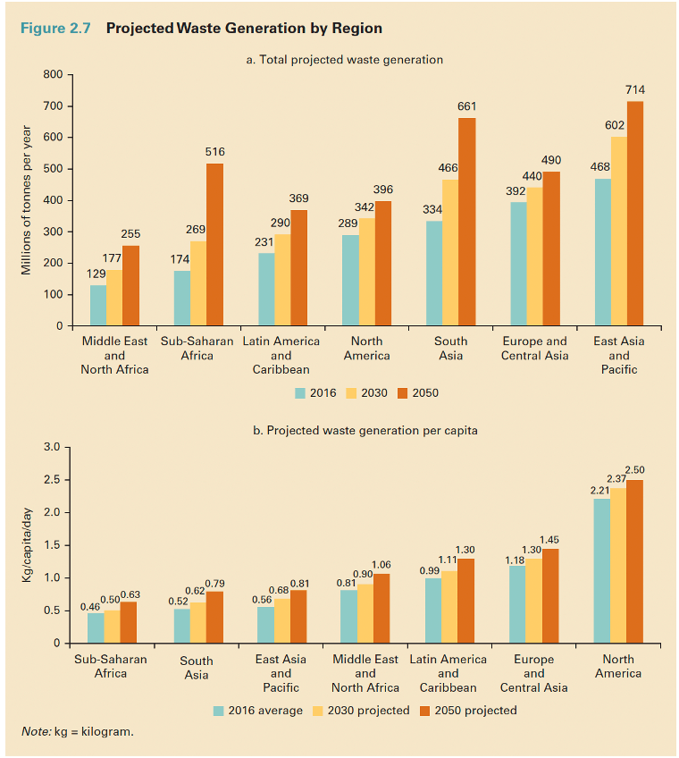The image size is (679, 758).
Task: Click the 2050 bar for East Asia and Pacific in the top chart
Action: [x=635, y=215]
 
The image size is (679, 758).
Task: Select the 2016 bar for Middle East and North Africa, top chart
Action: [x=98, y=306]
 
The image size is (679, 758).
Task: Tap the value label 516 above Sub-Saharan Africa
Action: [x=214, y=152]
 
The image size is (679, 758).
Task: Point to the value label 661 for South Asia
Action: [x=466, y=106]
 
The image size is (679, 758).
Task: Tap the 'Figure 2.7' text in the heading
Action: [x=55, y=28]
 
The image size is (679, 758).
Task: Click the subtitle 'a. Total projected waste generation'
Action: [x=344, y=60]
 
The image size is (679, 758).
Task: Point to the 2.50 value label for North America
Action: [x=634, y=469]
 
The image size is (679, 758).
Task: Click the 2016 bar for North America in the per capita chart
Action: [x=601, y=571]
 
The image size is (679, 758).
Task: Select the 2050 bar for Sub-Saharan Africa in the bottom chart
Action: [x=130, y=622]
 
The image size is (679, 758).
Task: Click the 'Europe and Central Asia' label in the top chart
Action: [x=534, y=349]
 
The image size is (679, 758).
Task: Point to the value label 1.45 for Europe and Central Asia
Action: [x=549, y=539]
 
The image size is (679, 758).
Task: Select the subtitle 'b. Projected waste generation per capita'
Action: [x=365, y=431]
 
